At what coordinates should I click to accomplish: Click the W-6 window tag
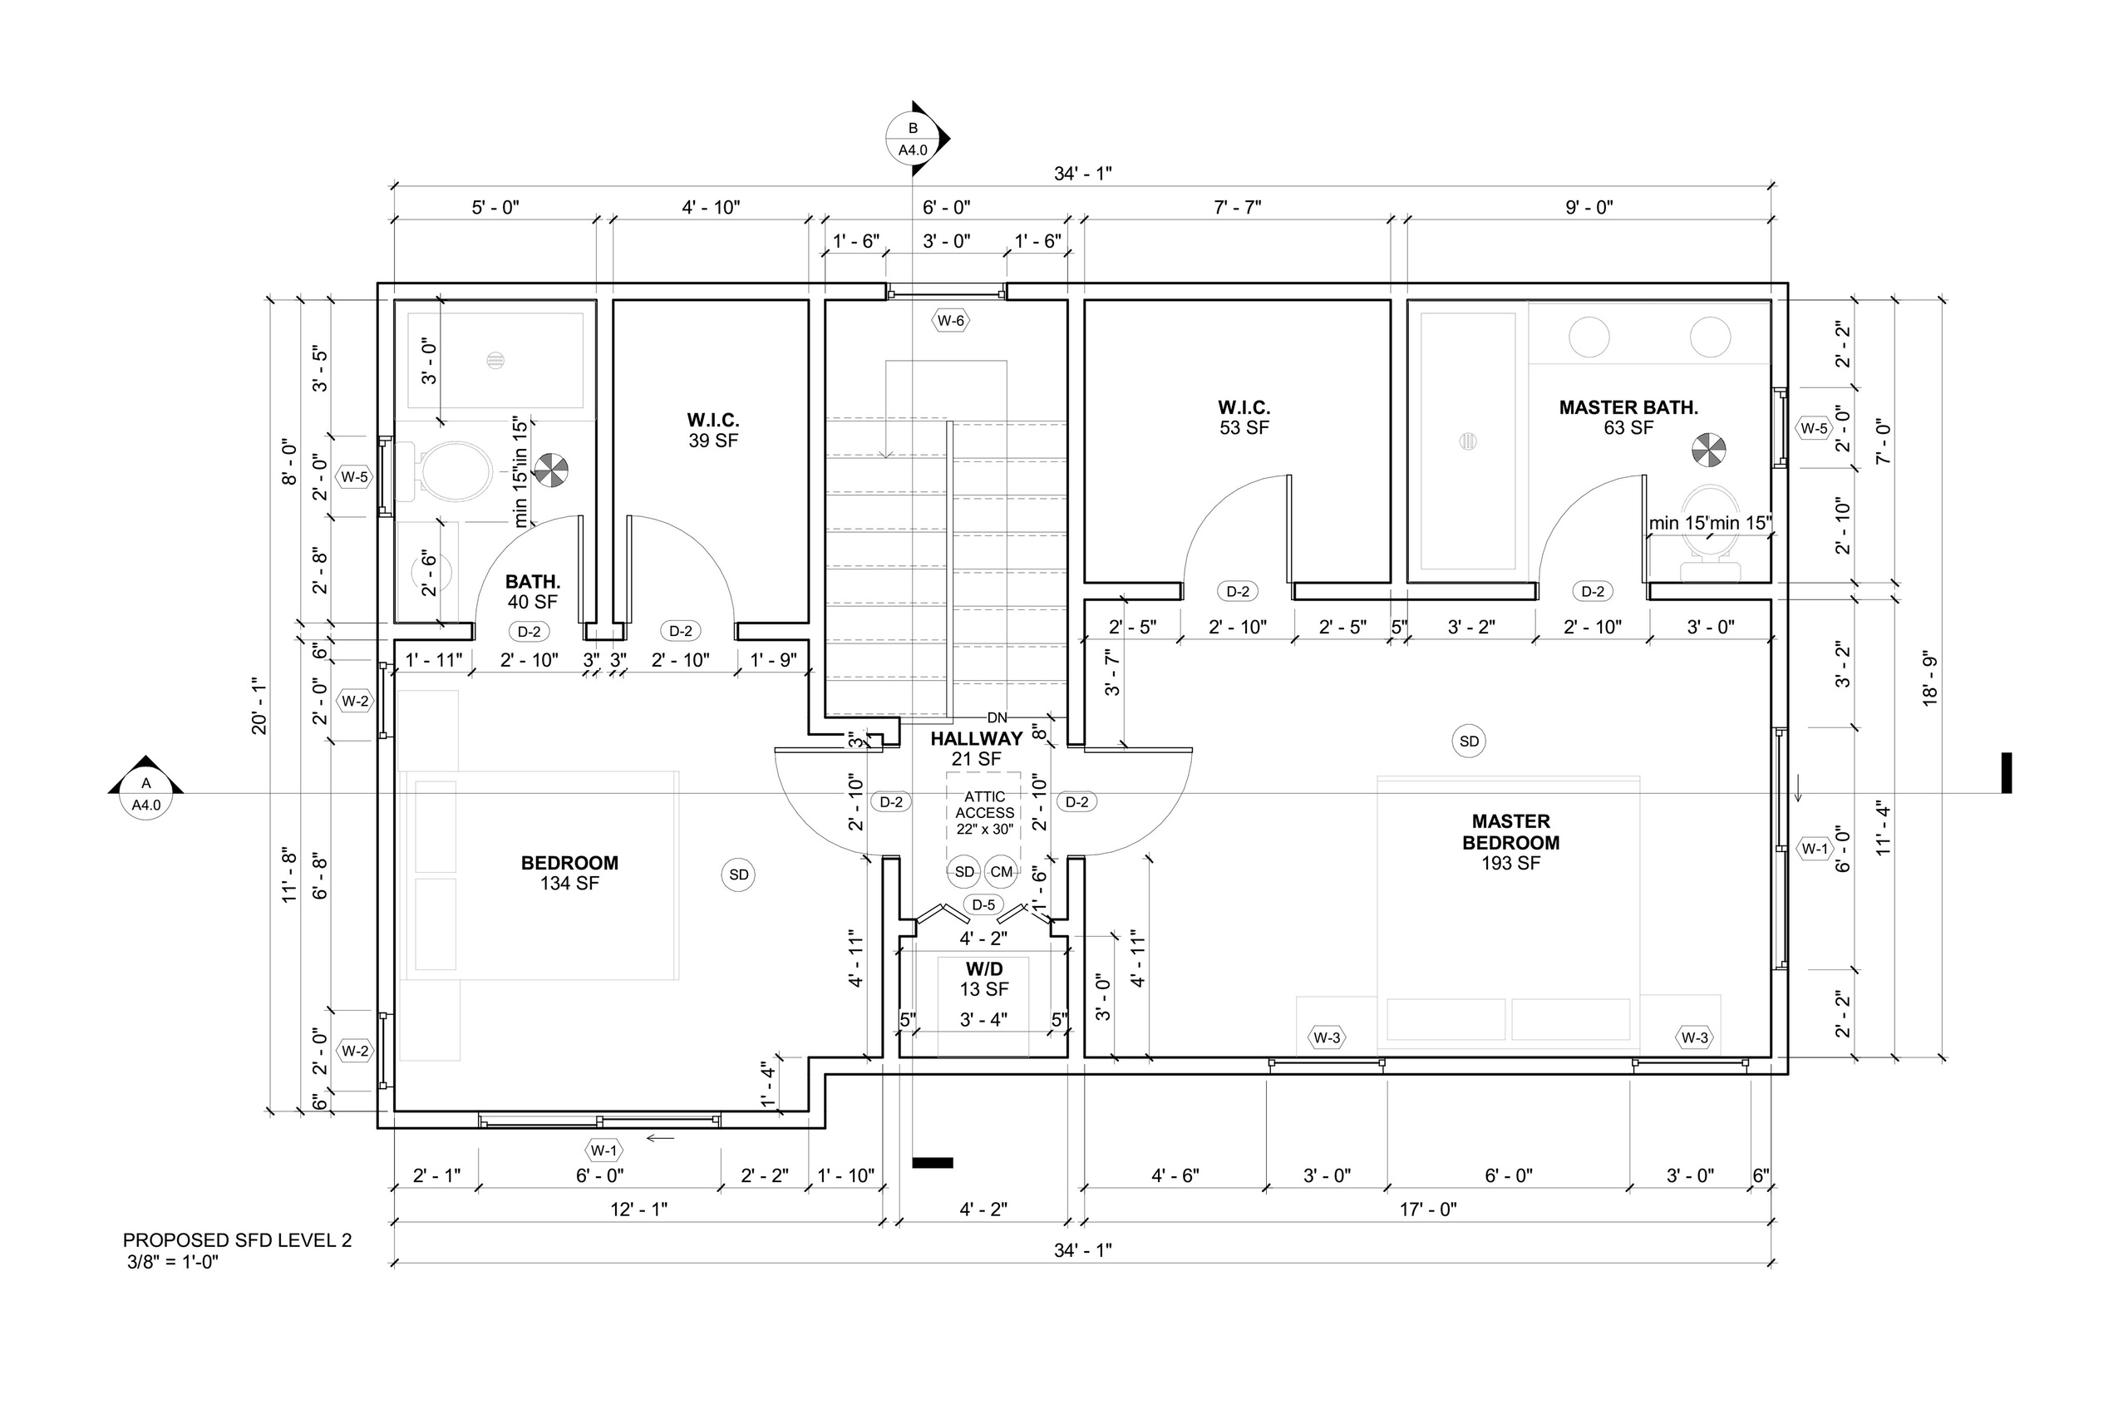(x=951, y=320)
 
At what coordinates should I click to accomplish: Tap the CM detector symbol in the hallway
(x=1001, y=872)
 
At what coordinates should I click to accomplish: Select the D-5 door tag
(x=983, y=905)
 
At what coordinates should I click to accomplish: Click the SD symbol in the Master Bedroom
(x=1470, y=742)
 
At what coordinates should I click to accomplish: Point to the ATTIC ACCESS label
(x=984, y=813)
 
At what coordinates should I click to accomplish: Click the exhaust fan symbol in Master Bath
(x=1709, y=450)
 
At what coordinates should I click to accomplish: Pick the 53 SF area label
(x=1244, y=428)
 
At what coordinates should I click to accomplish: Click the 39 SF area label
(x=713, y=441)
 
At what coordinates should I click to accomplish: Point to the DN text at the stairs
(x=996, y=717)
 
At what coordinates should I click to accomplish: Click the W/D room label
(x=983, y=969)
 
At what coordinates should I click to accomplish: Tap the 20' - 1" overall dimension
(x=259, y=705)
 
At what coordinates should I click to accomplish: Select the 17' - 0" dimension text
(x=1428, y=1209)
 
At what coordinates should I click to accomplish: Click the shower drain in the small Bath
(x=495, y=359)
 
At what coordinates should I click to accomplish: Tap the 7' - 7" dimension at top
(x=1237, y=207)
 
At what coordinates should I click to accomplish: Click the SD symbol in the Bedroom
(x=739, y=875)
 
